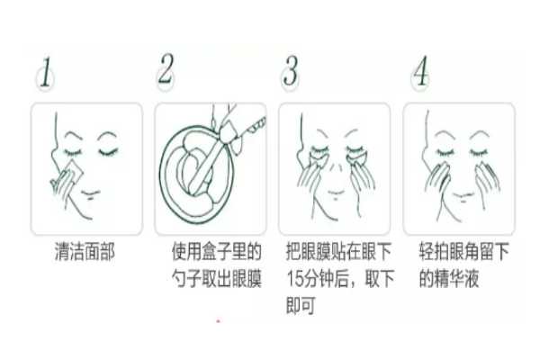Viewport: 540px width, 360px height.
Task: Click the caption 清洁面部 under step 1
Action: click(85, 253)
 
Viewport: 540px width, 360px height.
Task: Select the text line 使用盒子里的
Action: click(217, 253)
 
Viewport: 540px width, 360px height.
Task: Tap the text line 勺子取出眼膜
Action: click(217, 279)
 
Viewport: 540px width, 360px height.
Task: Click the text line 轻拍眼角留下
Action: click(465, 253)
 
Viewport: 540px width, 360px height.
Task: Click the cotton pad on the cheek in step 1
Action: click(70, 176)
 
